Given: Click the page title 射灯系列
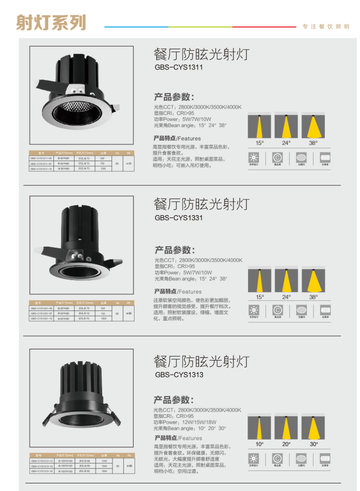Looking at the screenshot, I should click(51, 23).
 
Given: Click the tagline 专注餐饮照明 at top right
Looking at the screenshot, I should click(326, 26).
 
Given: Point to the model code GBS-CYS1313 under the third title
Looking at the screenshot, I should click(179, 374).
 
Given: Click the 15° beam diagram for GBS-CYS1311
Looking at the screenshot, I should click(259, 126).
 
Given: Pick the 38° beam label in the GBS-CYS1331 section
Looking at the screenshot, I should click(314, 297).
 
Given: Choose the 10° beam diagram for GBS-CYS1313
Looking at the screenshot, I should click(259, 427).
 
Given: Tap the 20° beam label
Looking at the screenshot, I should click(286, 444).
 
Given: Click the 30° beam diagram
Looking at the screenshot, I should click(314, 427).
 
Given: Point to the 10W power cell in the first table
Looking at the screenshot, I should click(103, 169).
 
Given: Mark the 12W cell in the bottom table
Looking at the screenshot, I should click(103, 461).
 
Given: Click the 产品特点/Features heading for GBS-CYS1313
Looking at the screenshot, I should click(177, 438).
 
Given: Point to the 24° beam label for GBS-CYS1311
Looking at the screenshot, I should click(286, 143).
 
